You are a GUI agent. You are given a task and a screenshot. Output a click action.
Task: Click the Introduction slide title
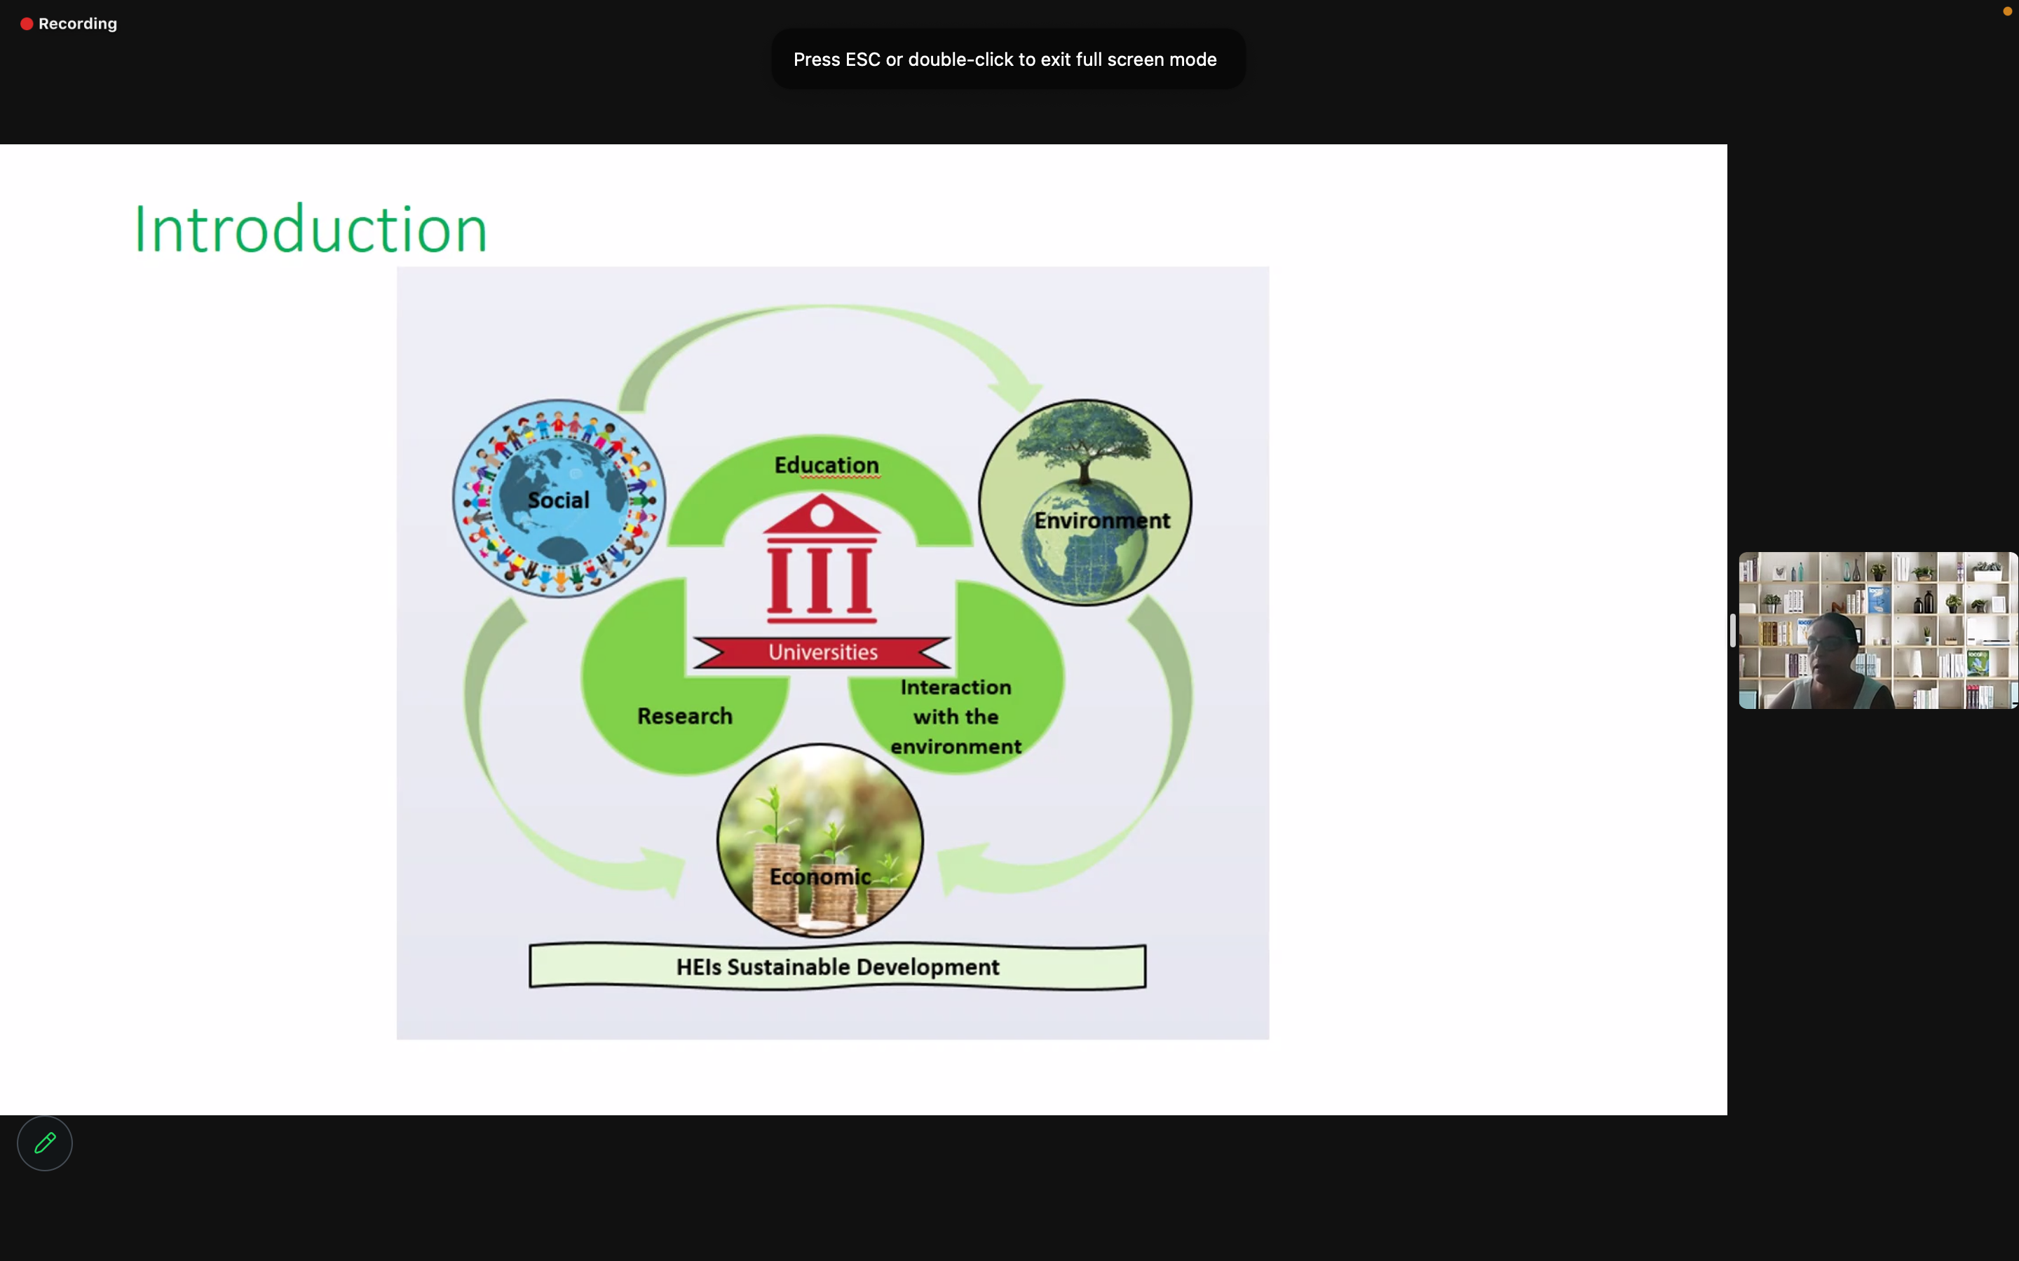click(311, 228)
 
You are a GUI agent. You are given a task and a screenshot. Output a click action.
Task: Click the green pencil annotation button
click(45, 1143)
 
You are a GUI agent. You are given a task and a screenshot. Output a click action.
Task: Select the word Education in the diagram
click(826, 464)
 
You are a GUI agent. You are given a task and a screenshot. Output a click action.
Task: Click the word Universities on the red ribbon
click(822, 652)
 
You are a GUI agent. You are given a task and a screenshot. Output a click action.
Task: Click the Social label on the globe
click(558, 499)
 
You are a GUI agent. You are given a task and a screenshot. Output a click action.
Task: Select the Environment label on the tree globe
click(1102, 521)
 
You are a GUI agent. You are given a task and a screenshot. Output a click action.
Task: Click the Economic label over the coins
click(820, 876)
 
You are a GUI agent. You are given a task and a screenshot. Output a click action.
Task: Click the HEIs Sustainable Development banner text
click(838, 967)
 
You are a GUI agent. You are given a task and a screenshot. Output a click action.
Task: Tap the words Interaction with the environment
click(956, 717)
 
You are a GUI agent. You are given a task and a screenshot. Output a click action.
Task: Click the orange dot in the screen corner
click(2007, 11)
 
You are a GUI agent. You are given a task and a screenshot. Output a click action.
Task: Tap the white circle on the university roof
click(822, 516)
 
